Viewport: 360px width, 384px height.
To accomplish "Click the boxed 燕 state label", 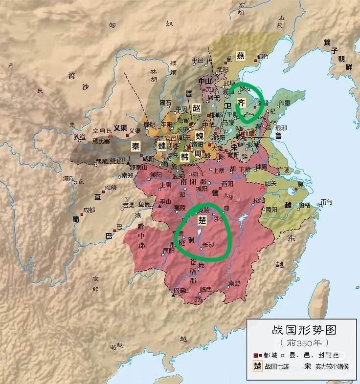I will tap(240, 55).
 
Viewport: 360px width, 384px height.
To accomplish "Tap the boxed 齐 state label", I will tap(241, 102).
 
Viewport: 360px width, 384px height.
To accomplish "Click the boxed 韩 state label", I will tap(184, 157).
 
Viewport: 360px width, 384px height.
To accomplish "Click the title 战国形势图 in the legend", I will tap(304, 330).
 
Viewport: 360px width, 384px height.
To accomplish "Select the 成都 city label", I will tap(89, 210).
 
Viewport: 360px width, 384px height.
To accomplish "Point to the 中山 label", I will tap(204, 81).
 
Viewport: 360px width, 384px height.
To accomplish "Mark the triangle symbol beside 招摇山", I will tap(173, 295).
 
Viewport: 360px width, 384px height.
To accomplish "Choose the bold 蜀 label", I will tap(76, 219).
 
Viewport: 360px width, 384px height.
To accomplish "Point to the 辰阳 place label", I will tap(168, 250).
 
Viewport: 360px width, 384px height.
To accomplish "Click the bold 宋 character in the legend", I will tap(307, 366).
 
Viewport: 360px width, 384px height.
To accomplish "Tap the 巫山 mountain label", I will tap(165, 201).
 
